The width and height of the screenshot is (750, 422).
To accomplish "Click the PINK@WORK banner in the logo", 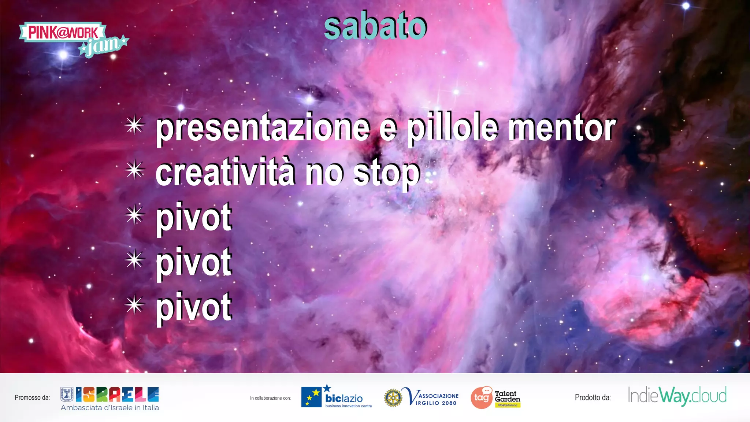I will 63,32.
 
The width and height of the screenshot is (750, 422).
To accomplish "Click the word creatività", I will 225,173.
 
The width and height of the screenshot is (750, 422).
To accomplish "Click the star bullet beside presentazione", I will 134,126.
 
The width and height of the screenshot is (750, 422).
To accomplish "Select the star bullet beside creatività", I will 134,170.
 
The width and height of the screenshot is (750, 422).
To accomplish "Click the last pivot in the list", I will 194,308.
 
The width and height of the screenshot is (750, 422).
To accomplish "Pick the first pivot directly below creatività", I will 194,218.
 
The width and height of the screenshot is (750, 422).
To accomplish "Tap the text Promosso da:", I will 32,398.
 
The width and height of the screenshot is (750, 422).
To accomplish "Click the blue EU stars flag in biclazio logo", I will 311,397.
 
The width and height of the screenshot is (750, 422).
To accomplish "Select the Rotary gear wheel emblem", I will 393,398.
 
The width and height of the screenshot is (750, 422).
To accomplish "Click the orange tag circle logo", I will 481,398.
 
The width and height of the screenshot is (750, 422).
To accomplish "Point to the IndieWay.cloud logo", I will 677,396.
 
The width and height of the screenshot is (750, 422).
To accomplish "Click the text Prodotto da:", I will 593,398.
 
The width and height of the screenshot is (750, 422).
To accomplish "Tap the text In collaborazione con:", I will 270,398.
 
